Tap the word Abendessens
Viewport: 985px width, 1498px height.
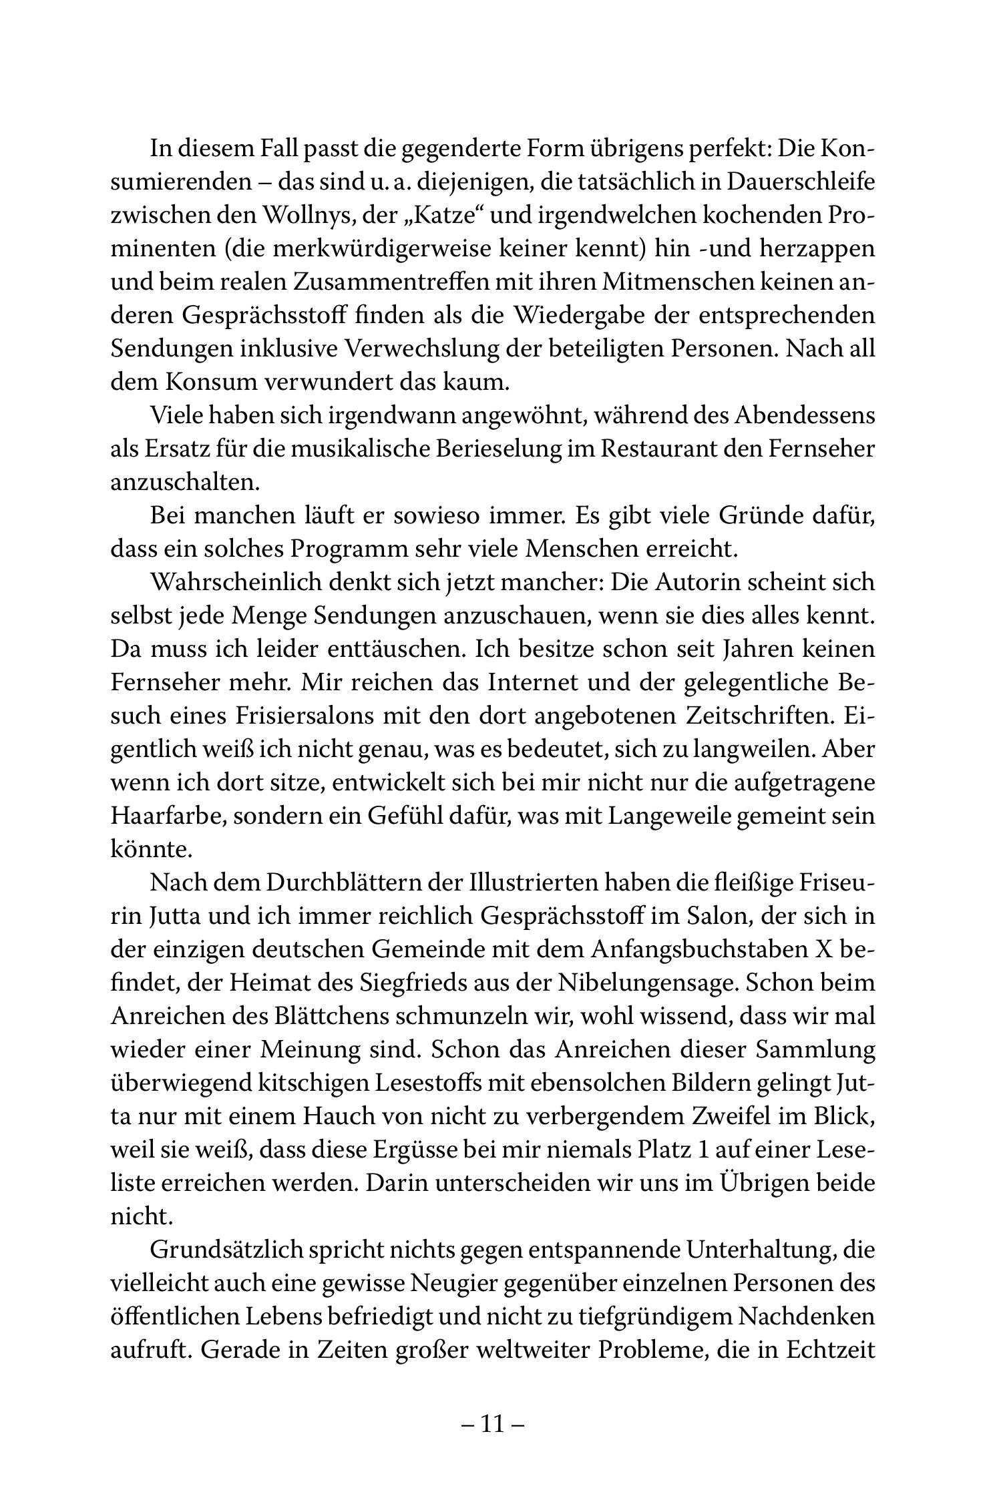804,415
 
